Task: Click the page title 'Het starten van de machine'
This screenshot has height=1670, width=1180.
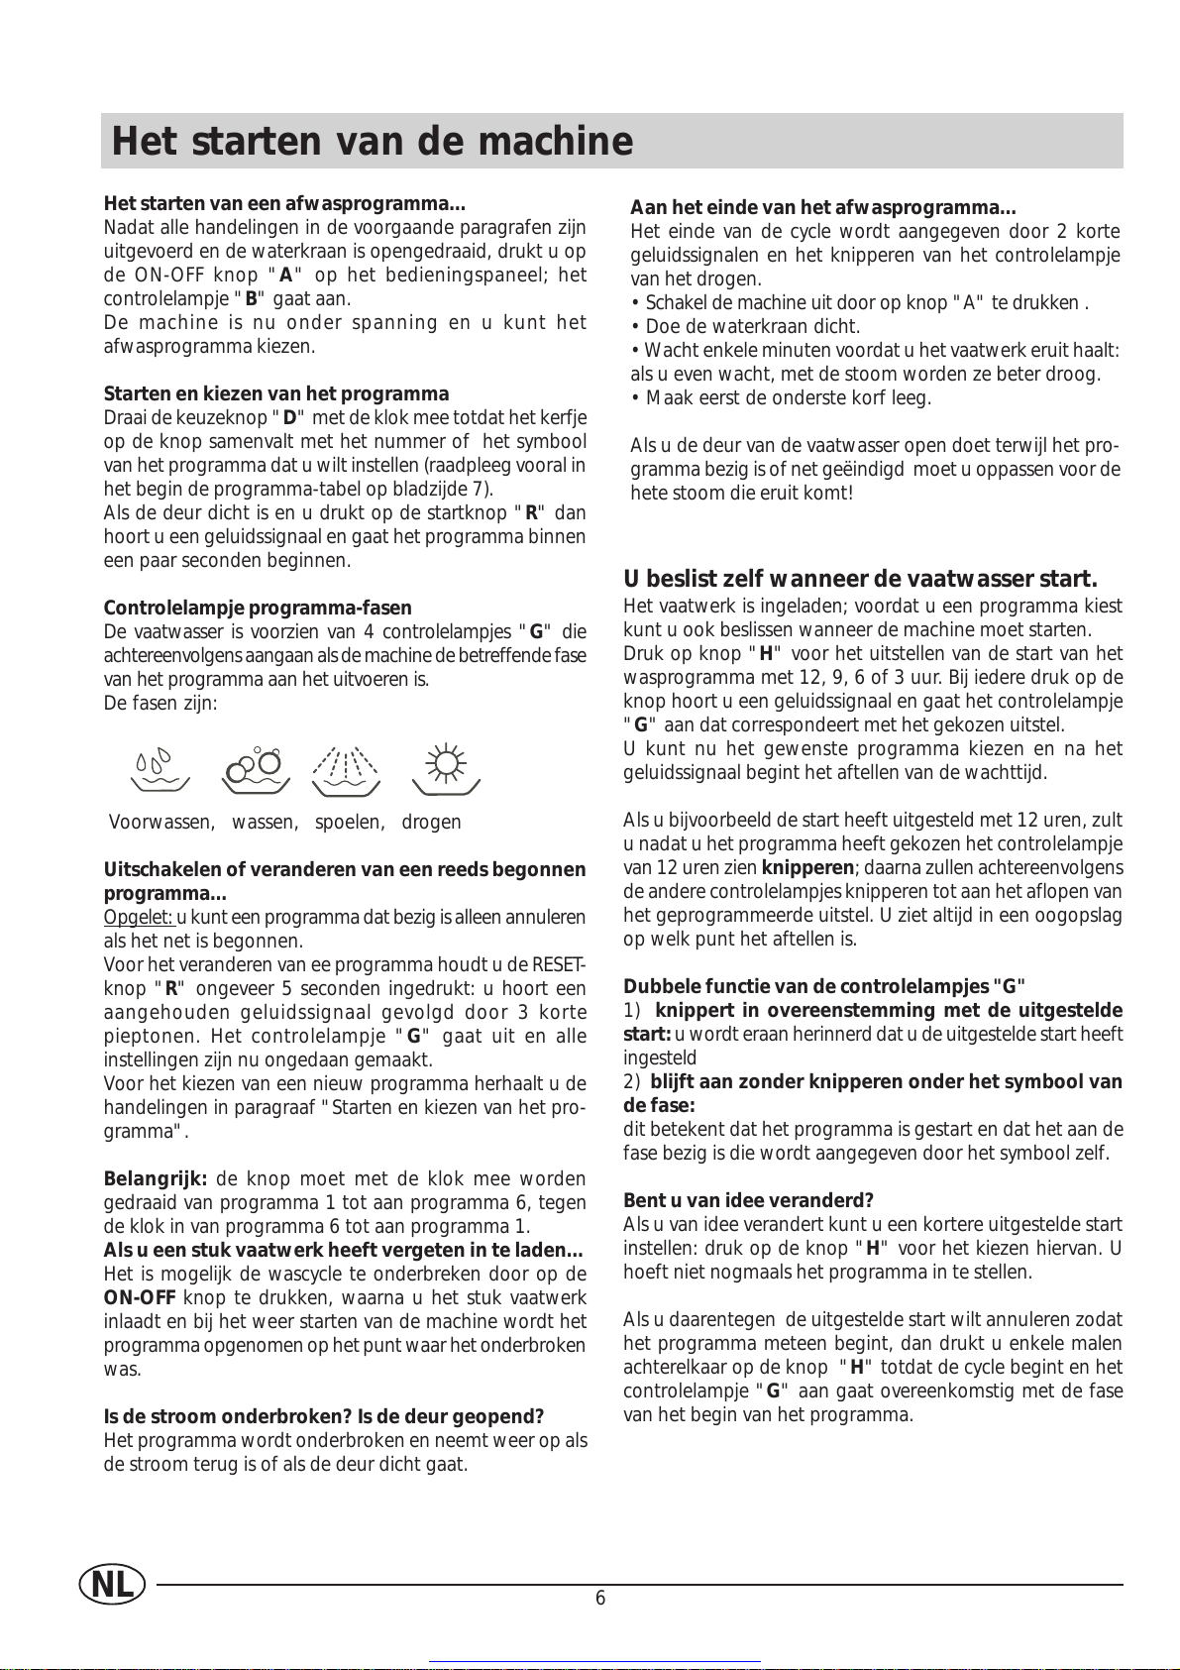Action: pyautogui.click(x=373, y=142)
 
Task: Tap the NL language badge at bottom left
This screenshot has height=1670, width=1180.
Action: pyautogui.click(x=112, y=1585)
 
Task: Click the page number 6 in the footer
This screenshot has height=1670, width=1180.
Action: pyautogui.click(x=600, y=1598)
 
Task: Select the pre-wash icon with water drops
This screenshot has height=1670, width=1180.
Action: pyautogui.click(x=160, y=769)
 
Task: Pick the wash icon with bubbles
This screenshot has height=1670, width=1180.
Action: pyautogui.click(x=256, y=770)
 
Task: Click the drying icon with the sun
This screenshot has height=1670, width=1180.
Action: pyautogui.click(x=446, y=770)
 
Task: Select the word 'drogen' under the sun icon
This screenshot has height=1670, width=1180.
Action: pyautogui.click(x=431, y=823)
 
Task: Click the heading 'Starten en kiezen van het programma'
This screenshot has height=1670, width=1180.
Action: pyautogui.click(x=276, y=394)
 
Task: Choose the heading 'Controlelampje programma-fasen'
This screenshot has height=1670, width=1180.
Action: pyautogui.click(x=258, y=609)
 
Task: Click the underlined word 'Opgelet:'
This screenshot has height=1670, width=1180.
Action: pyautogui.click(x=139, y=918)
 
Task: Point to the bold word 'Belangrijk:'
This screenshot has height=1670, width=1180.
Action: pyautogui.click(x=156, y=1179)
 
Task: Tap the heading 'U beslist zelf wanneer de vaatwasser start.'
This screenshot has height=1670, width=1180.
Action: pyautogui.click(x=860, y=580)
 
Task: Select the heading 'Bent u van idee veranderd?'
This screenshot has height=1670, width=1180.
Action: pyautogui.click(x=748, y=1201)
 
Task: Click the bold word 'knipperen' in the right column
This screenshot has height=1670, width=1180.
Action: pyautogui.click(x=807, y=868)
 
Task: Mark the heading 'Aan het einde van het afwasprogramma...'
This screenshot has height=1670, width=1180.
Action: pyautogui.click(x=823, y=208)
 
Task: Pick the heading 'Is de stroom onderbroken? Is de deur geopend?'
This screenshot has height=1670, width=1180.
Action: pyautogui.click(x=324, y=1417)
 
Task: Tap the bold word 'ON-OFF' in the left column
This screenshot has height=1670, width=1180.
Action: pyautogui.click(x=140, y=1298)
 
